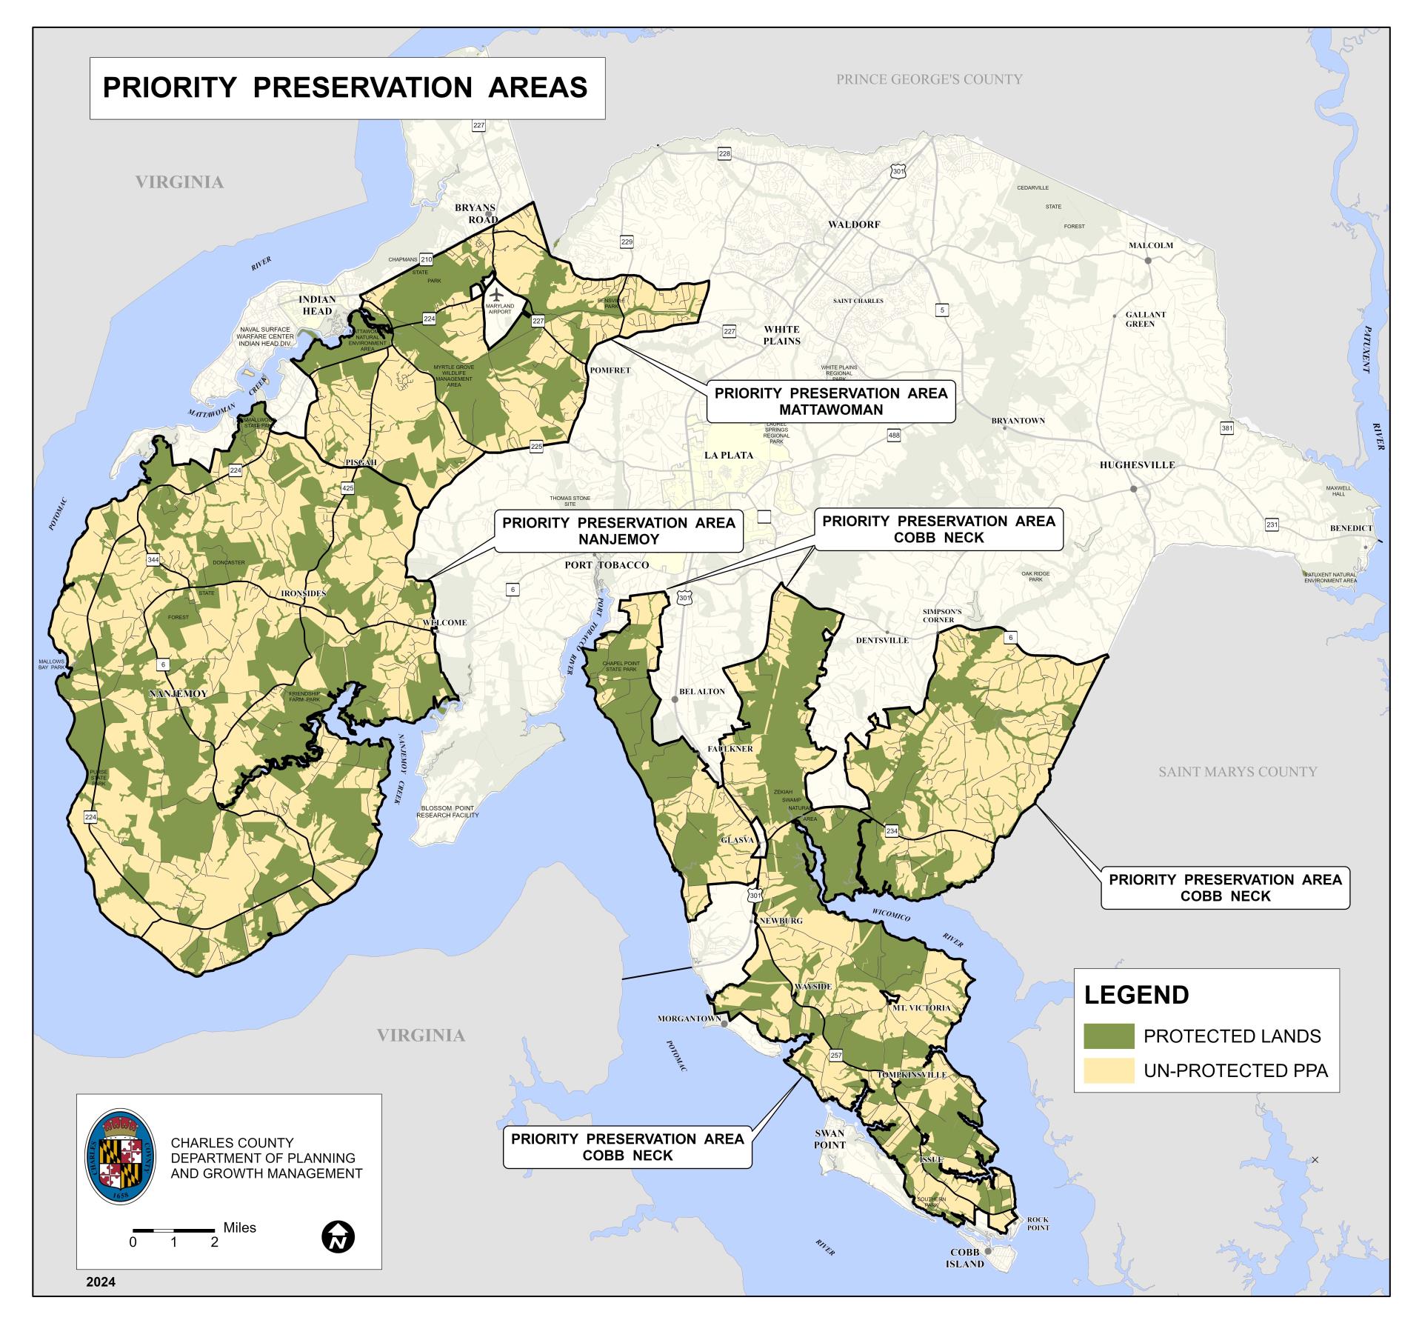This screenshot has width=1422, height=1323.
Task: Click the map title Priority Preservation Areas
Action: (x=345, y=87)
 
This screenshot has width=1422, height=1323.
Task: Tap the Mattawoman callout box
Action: (x=830, y=401)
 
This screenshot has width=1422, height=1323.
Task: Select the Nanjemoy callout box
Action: (x=618, y=531)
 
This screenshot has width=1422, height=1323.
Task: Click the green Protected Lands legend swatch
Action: (x=1109, y=1036)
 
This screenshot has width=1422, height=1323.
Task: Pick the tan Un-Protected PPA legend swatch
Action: (x=1109, y=1070)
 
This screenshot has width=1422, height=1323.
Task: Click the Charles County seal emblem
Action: (x=120, y=1167)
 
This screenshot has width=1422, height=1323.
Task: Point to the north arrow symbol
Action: (x=338, y=1236)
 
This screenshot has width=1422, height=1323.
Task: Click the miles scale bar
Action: (x=174, y=1230)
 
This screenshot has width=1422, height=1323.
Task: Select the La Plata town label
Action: (x=729, y=455)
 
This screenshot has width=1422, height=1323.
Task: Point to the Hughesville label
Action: (x=1137, y=465)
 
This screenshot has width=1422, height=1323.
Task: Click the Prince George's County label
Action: (x=929, y=79)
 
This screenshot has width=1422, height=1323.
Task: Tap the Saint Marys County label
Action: (x=1238, y=772)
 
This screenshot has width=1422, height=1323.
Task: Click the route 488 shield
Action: (x=894, y=436)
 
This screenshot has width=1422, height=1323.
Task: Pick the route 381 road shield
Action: (x=1227, y=428)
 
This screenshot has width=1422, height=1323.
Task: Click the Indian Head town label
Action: (x=317, y=305)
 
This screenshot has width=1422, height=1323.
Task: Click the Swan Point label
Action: (x=829, y=1139)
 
